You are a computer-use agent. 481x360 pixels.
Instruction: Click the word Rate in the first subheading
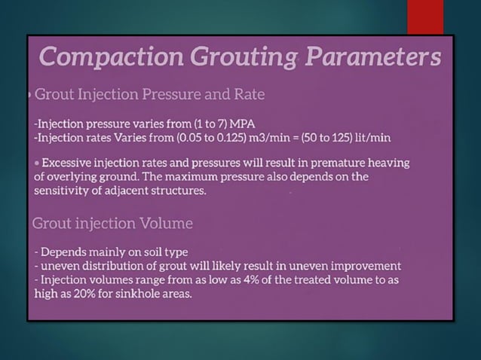click(249, 96)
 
